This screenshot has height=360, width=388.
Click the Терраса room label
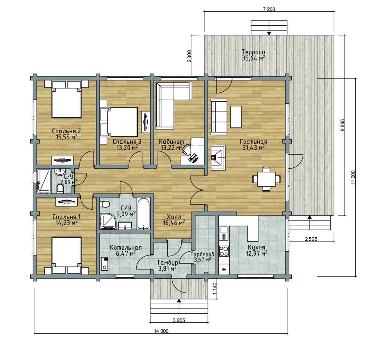pyautogui.click(x=253, y=52)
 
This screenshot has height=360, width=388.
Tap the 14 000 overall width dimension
pyautogui.click(x=161, y=331)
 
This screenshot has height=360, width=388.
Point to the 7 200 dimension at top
pyautogui.click(x=269, y=9)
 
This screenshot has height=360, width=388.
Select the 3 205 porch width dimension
pyautogui.click(x=178, y=320)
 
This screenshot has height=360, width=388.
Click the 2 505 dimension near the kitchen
pyautogui.click(x=311, y=239)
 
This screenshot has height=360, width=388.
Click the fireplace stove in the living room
pyautogui.click(x=218, y=157)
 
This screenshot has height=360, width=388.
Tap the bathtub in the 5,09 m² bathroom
pyautogui.click(x=144, y=213)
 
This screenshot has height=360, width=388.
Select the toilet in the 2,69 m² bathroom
pyautogui.click(x=60, y=189)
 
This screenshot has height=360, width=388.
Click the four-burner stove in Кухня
pyautogui.click(x=224, y=251)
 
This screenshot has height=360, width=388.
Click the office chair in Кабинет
pyautogui.click(x=187, y=149)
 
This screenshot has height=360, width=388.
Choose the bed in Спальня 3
pyautogui.click(x=118, y=122)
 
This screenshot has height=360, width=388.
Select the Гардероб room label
pyautogui.click(x=203, y=254)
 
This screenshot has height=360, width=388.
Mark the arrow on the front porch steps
pyautogui.click(x=179, y=306)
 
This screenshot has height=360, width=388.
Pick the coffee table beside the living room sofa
pyautogui.click(x=236, y=117)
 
